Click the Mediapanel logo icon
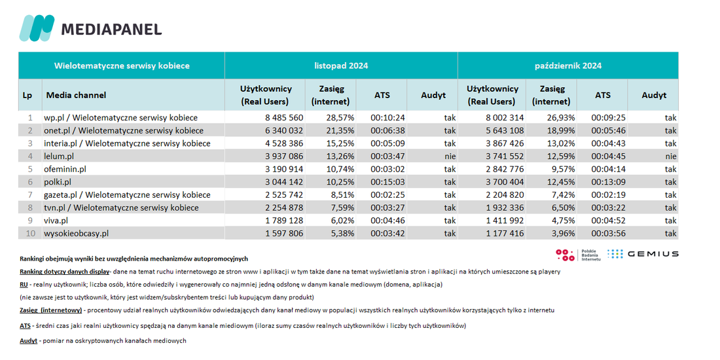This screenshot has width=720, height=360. [37, 28]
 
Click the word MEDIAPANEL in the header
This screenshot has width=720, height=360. [111, 29]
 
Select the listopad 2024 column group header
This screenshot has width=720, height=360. [341, 65]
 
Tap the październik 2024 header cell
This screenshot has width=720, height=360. [568, 65]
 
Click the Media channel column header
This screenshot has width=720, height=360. [76, 95]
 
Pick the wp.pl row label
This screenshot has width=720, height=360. [120, 118]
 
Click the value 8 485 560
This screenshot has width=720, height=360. [284, 118]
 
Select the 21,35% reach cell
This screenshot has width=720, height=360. [340, 130]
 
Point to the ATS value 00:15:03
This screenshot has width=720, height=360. [387, 182]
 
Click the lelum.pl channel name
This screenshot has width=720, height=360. [59, 156]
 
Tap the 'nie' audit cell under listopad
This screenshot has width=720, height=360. [450, 156]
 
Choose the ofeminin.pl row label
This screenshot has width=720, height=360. [65, 169]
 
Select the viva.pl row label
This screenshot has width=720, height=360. [56, 221]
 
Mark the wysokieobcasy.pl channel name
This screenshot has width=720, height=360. [76, 233]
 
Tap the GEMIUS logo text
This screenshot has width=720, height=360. [653, 254]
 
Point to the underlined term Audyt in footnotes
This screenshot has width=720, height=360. [28, 341]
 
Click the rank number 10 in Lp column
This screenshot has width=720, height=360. [30, 233]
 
